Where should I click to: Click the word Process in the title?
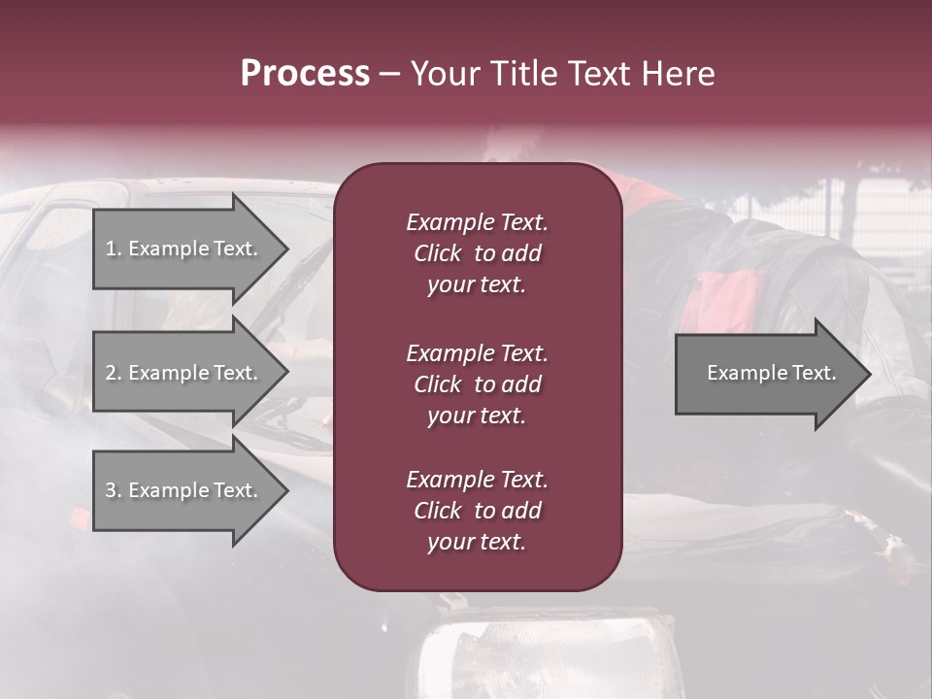[x=305, y=74]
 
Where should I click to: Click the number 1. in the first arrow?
[x=114, y=249]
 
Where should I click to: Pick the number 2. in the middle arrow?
[x=114, y=373]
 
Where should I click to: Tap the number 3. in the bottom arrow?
[x=114, y=490]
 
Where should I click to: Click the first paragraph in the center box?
[x=477, y=253]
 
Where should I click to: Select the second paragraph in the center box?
[x=477, y=384]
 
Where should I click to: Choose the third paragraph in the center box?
[x=477, y=511]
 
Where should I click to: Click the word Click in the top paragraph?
[x=437, y=253]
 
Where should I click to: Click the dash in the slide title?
[x=389, y=75]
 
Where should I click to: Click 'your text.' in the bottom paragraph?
[x=477, y=543]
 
